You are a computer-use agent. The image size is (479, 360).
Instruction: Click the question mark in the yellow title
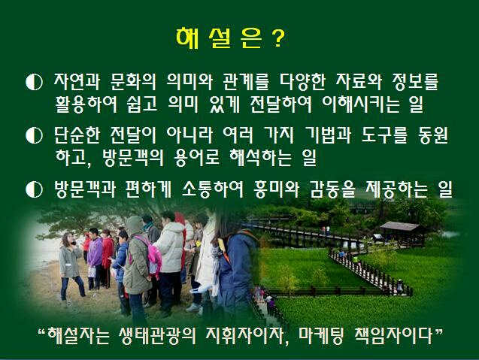pyautogui.click(x=277, y=38)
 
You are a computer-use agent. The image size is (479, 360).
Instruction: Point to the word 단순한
pyautogui.click(x=77, y=135)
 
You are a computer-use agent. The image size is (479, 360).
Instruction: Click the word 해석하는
pyautogui.click(x=260, y=158)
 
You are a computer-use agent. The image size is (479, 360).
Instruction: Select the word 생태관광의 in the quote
pyautogui.click(x=156, y=336)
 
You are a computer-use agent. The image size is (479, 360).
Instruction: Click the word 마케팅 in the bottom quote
pyautogui.click(x=321, y=336)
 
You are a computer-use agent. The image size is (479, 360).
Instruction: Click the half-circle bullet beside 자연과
pyautogui.click(x=34, y=82)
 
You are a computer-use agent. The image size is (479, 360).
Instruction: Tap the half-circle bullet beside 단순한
pyautogui.click(x=34, y=135)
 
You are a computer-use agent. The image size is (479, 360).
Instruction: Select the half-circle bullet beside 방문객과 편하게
pyautogui.click(x=34, y=189)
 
